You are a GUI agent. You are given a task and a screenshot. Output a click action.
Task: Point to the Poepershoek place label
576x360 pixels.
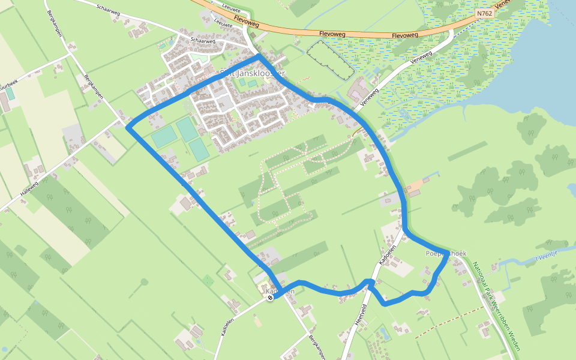445,254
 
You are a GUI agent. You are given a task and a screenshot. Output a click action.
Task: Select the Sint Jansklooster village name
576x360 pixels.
252,73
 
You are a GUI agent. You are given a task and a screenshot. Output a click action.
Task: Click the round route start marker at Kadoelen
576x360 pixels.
270,297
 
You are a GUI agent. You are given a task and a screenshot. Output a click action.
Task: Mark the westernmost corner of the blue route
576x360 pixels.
128,127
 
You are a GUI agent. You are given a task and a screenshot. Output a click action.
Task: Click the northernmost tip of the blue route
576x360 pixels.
259,56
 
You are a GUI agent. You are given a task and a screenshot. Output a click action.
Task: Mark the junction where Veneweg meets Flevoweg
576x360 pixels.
451,30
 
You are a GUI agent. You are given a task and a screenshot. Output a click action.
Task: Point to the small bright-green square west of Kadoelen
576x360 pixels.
208,280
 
